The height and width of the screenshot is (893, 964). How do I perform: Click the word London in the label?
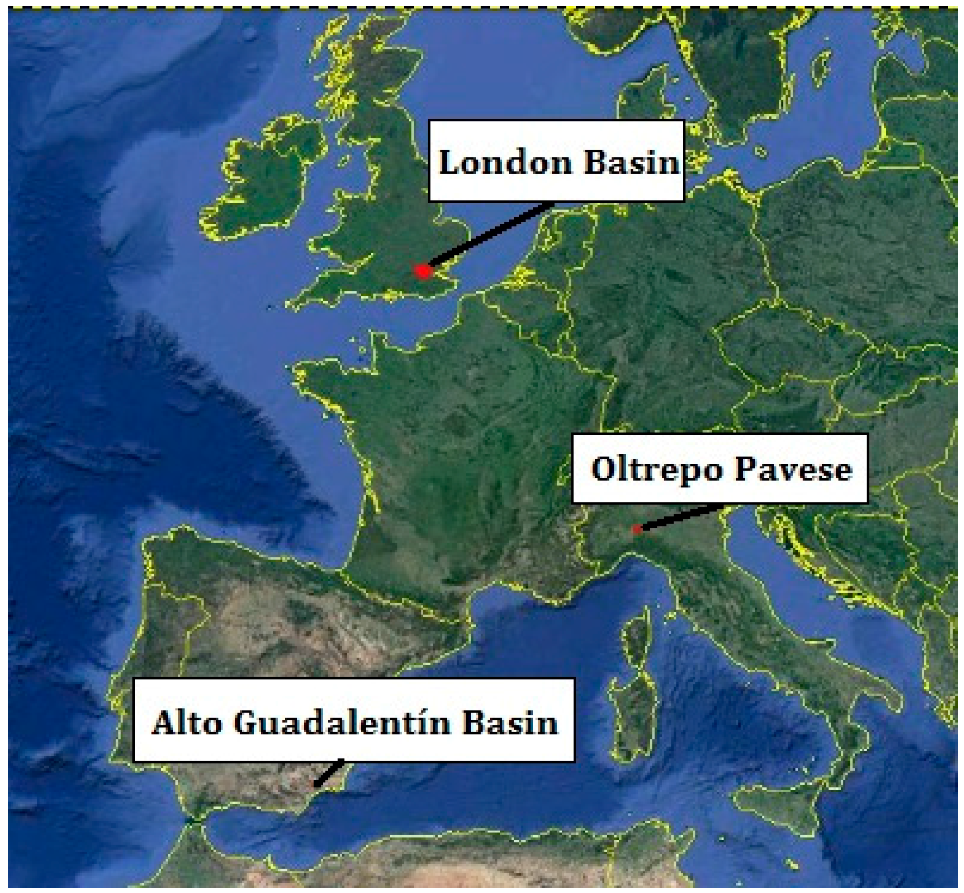click(x=504, y=162)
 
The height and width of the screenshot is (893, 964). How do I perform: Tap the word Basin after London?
click(x=631, y=162)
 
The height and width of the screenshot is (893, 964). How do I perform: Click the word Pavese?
click(x=793, y=470)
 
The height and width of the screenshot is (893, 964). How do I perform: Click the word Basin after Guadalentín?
click(x=510, y=723)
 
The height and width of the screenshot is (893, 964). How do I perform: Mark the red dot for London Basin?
click(x=422, y=271)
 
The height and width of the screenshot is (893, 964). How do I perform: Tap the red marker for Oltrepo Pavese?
click(x=636, y=529)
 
